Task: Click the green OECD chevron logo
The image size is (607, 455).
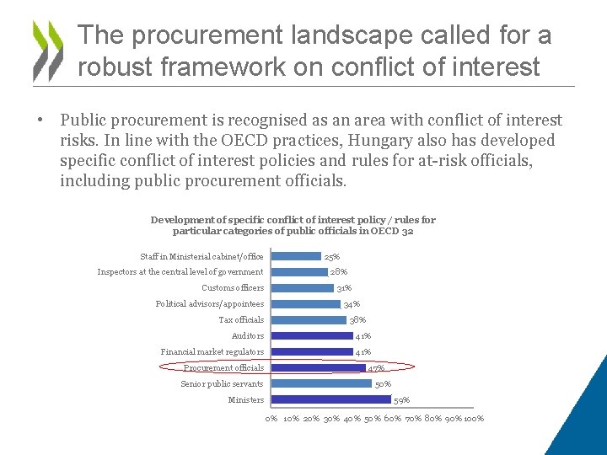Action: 47,50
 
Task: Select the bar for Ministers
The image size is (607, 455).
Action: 332,400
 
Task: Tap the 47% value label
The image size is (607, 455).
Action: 377,368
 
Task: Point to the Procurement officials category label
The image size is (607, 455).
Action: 223,367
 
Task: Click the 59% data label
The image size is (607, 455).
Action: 401,400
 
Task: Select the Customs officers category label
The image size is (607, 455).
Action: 233,288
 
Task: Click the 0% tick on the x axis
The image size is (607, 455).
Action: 271,419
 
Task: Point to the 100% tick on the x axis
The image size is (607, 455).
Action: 474,419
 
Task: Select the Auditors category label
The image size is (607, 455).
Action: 248,336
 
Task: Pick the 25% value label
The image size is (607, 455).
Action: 332,257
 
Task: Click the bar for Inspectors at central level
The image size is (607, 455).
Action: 300,272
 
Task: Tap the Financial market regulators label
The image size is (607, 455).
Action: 212,352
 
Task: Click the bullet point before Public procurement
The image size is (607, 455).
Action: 40,120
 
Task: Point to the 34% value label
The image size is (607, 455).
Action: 352,304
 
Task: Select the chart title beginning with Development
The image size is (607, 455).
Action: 293,225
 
